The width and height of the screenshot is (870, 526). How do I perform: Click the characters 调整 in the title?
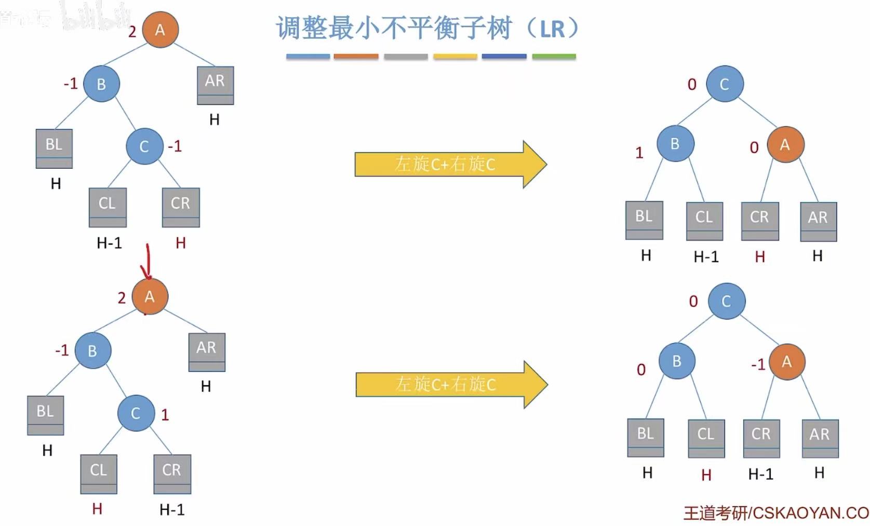click(302, 28)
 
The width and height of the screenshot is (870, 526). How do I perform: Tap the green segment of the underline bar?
click(554, 56)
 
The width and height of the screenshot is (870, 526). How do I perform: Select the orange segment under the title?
click(356, 56)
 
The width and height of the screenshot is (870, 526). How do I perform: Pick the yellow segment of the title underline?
click(455, 56)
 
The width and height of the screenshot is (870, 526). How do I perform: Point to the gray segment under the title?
click(406, 56)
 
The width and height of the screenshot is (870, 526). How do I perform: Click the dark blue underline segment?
click(504, 56)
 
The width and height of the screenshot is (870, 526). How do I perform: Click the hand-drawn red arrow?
click(148, 262)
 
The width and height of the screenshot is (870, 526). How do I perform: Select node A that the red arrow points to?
click(150, 296)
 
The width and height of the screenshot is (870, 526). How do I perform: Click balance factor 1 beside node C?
click(165, 414)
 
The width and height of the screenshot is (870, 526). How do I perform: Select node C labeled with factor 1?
click(136, 413)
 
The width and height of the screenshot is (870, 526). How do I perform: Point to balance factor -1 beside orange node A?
click(758, 365)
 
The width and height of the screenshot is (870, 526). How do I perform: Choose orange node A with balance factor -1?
click(786, 362)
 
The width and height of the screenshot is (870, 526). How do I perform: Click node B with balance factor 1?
click(675, 144)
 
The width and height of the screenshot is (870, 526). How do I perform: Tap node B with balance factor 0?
click(676, 361)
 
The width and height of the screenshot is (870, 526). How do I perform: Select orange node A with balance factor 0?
click(785, 145)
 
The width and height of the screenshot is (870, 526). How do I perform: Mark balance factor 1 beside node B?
click(639, 153)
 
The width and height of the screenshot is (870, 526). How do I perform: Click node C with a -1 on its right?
click(144, 146)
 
